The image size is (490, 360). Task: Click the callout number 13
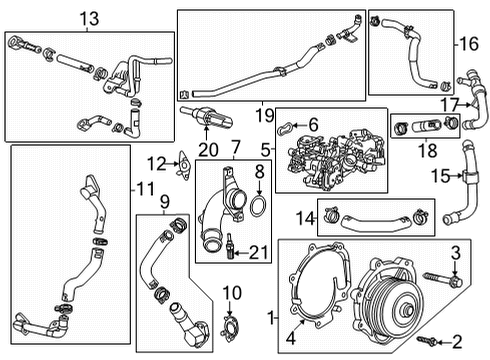coord(90,17)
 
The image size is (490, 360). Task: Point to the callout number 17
coord(449,104)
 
